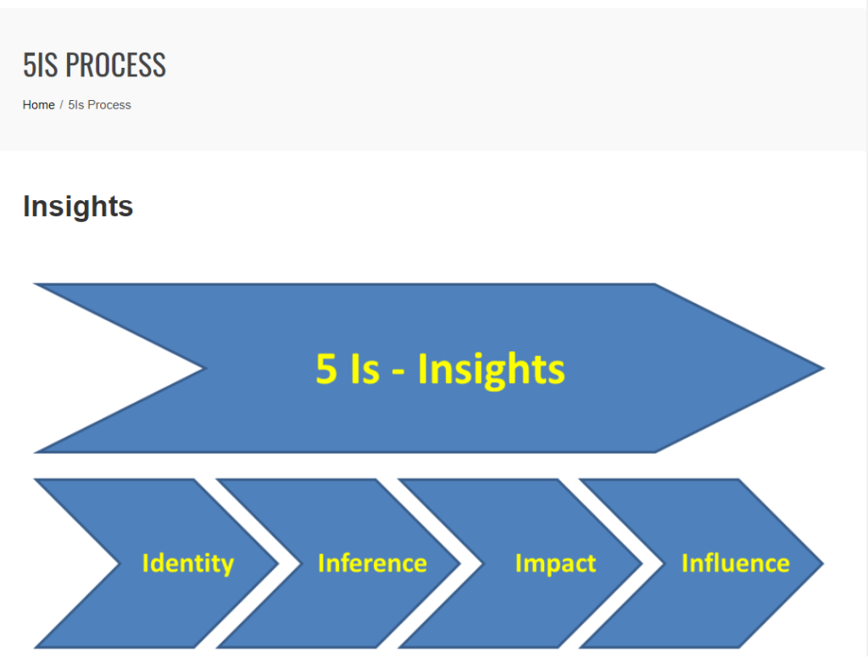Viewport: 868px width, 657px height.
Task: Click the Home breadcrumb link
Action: [38, 105]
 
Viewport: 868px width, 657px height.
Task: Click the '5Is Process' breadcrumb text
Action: [100, 105]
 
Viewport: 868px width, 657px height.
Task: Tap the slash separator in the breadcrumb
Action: [61, 105]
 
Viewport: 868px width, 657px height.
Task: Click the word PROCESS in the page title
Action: [115, 64]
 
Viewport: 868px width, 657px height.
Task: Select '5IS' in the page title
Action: [41, 64]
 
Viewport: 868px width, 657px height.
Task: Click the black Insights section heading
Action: [78, 207]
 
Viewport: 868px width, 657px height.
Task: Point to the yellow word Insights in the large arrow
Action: [491, 370]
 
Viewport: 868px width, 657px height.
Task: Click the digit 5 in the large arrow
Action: [326, 369]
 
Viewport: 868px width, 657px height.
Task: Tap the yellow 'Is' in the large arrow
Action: [364, 369]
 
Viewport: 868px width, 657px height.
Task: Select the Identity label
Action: [188, 564]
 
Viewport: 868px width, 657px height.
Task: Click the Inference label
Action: [373, 564]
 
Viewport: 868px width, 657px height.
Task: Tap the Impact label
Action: [556, 564]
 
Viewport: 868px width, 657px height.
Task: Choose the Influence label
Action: [736, 564]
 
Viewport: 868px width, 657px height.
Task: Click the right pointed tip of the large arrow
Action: [824, 368]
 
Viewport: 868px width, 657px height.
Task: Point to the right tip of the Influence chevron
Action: [824, 564]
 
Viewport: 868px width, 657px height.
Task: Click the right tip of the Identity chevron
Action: [278, 564]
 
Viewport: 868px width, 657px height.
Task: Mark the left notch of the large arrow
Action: [205, 368]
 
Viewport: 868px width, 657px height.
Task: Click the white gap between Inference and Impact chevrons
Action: [471, 564]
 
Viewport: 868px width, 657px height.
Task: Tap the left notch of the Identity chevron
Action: [119, 564]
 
